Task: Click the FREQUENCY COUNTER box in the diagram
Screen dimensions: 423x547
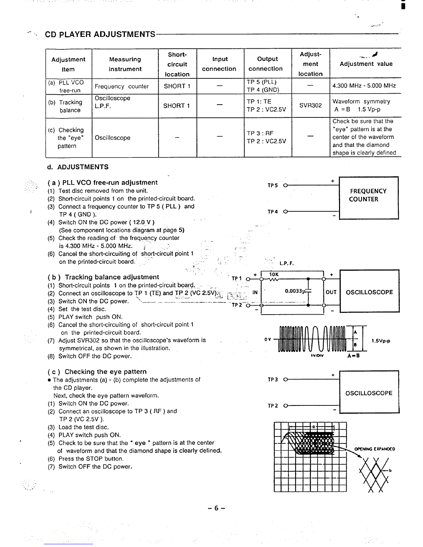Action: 369,198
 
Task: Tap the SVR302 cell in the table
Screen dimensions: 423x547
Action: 310,105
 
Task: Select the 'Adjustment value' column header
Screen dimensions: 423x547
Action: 366,64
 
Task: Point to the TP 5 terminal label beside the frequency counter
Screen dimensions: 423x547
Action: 273,185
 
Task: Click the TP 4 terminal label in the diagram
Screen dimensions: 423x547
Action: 273,212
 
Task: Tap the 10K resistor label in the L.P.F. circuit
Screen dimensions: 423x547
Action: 274,275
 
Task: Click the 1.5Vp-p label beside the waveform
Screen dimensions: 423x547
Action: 381,341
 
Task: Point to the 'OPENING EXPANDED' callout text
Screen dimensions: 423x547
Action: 375,449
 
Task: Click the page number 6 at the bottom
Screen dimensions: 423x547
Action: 216,508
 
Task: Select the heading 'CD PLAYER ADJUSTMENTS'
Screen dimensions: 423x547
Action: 100,34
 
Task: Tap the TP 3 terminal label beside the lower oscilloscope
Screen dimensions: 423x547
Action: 273,380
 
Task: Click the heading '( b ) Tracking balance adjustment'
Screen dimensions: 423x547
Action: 103,277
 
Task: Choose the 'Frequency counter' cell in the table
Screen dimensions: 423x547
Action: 122,86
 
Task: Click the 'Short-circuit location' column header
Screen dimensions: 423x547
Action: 177,65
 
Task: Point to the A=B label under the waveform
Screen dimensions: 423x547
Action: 354,355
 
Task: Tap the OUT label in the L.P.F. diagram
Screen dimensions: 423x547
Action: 331,292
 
